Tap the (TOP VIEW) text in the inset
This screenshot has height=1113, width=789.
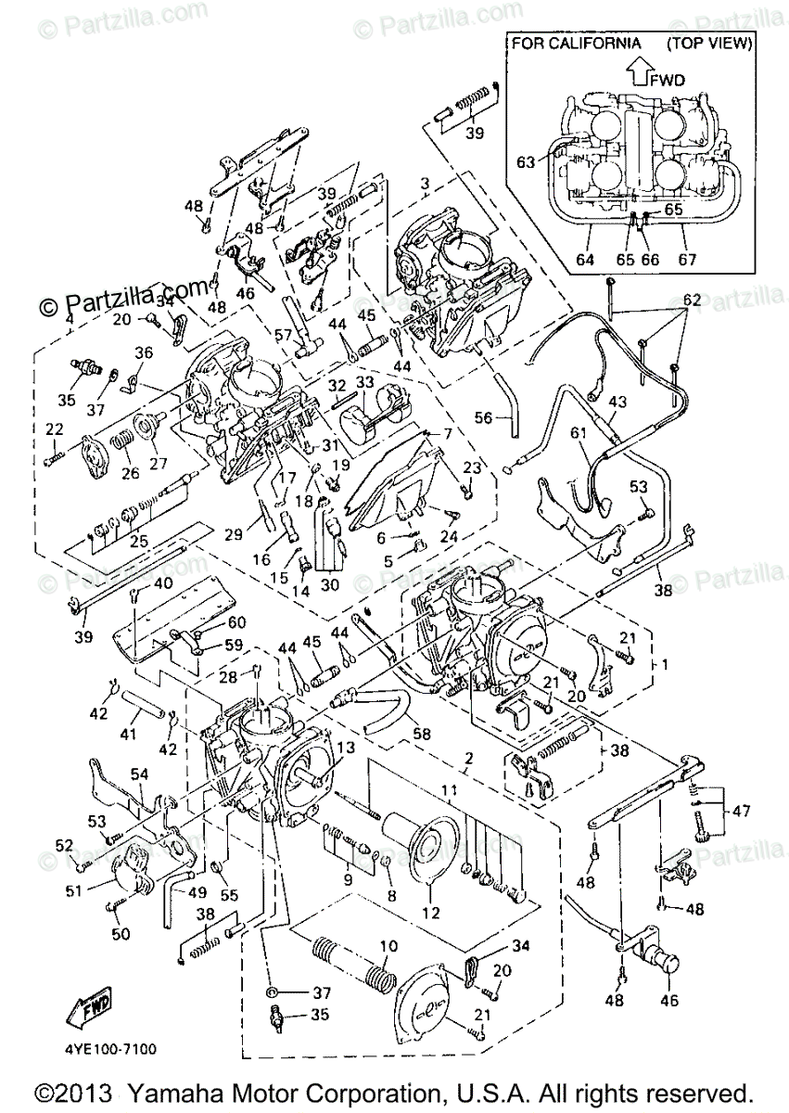click(x=708, y=43)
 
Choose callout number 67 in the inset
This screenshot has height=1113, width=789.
click(x=686, y=260)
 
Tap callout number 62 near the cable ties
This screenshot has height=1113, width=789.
click(x=693, y=300)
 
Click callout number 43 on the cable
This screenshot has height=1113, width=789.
click(x=617, y=402)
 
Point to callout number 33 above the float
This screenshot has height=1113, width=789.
click(x=363, y=382)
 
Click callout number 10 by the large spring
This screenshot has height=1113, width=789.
click(x=387, y=947)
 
